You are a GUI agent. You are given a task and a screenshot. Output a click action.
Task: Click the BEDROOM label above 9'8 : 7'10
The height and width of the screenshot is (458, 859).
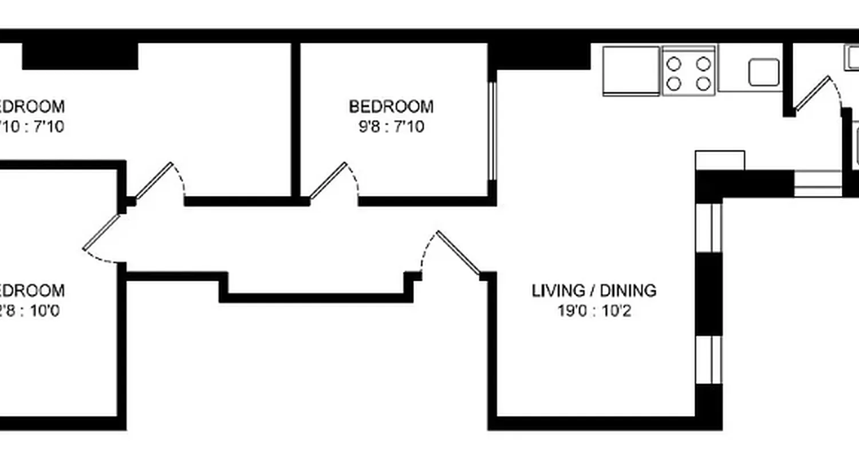click(x=391, y=106)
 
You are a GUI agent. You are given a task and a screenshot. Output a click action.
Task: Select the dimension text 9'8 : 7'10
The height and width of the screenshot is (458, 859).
click(x=391, y=126)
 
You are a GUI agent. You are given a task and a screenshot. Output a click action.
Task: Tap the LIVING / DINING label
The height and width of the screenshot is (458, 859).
click(x=594, y=291)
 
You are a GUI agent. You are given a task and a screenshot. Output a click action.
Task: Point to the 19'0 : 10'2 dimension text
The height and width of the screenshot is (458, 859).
click(x=594, y=311)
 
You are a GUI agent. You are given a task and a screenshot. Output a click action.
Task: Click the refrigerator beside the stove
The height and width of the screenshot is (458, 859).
click(x=631, y=70)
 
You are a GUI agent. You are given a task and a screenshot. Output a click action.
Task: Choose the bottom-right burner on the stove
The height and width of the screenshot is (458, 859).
click(x=703, y=84)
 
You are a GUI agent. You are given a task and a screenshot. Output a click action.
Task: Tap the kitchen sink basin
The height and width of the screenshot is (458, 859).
click(x=764, y=72)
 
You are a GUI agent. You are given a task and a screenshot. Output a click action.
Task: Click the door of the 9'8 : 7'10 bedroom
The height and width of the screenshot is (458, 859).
click(x=329, y=180)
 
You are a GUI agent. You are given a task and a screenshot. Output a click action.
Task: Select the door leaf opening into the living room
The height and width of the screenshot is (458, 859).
click(x=459, y=251)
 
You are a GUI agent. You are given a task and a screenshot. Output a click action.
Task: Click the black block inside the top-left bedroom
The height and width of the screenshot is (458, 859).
click(x=80, y=56)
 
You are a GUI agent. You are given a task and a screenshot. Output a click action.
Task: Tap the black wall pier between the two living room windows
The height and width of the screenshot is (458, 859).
click(x=709, y=294)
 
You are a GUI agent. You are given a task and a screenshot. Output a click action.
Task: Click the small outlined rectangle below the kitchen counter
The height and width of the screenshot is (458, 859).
click(x=720, y=160)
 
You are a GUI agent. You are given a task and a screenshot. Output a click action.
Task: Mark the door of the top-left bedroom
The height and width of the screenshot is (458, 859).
click(x=154, y=180)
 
